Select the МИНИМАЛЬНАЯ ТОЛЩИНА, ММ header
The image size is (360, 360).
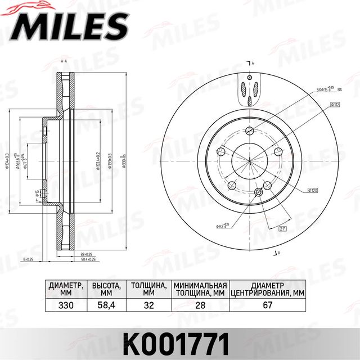click(200, 289)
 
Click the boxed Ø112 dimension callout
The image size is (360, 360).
click(334, 105)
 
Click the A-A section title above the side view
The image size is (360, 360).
click(64, 60)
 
